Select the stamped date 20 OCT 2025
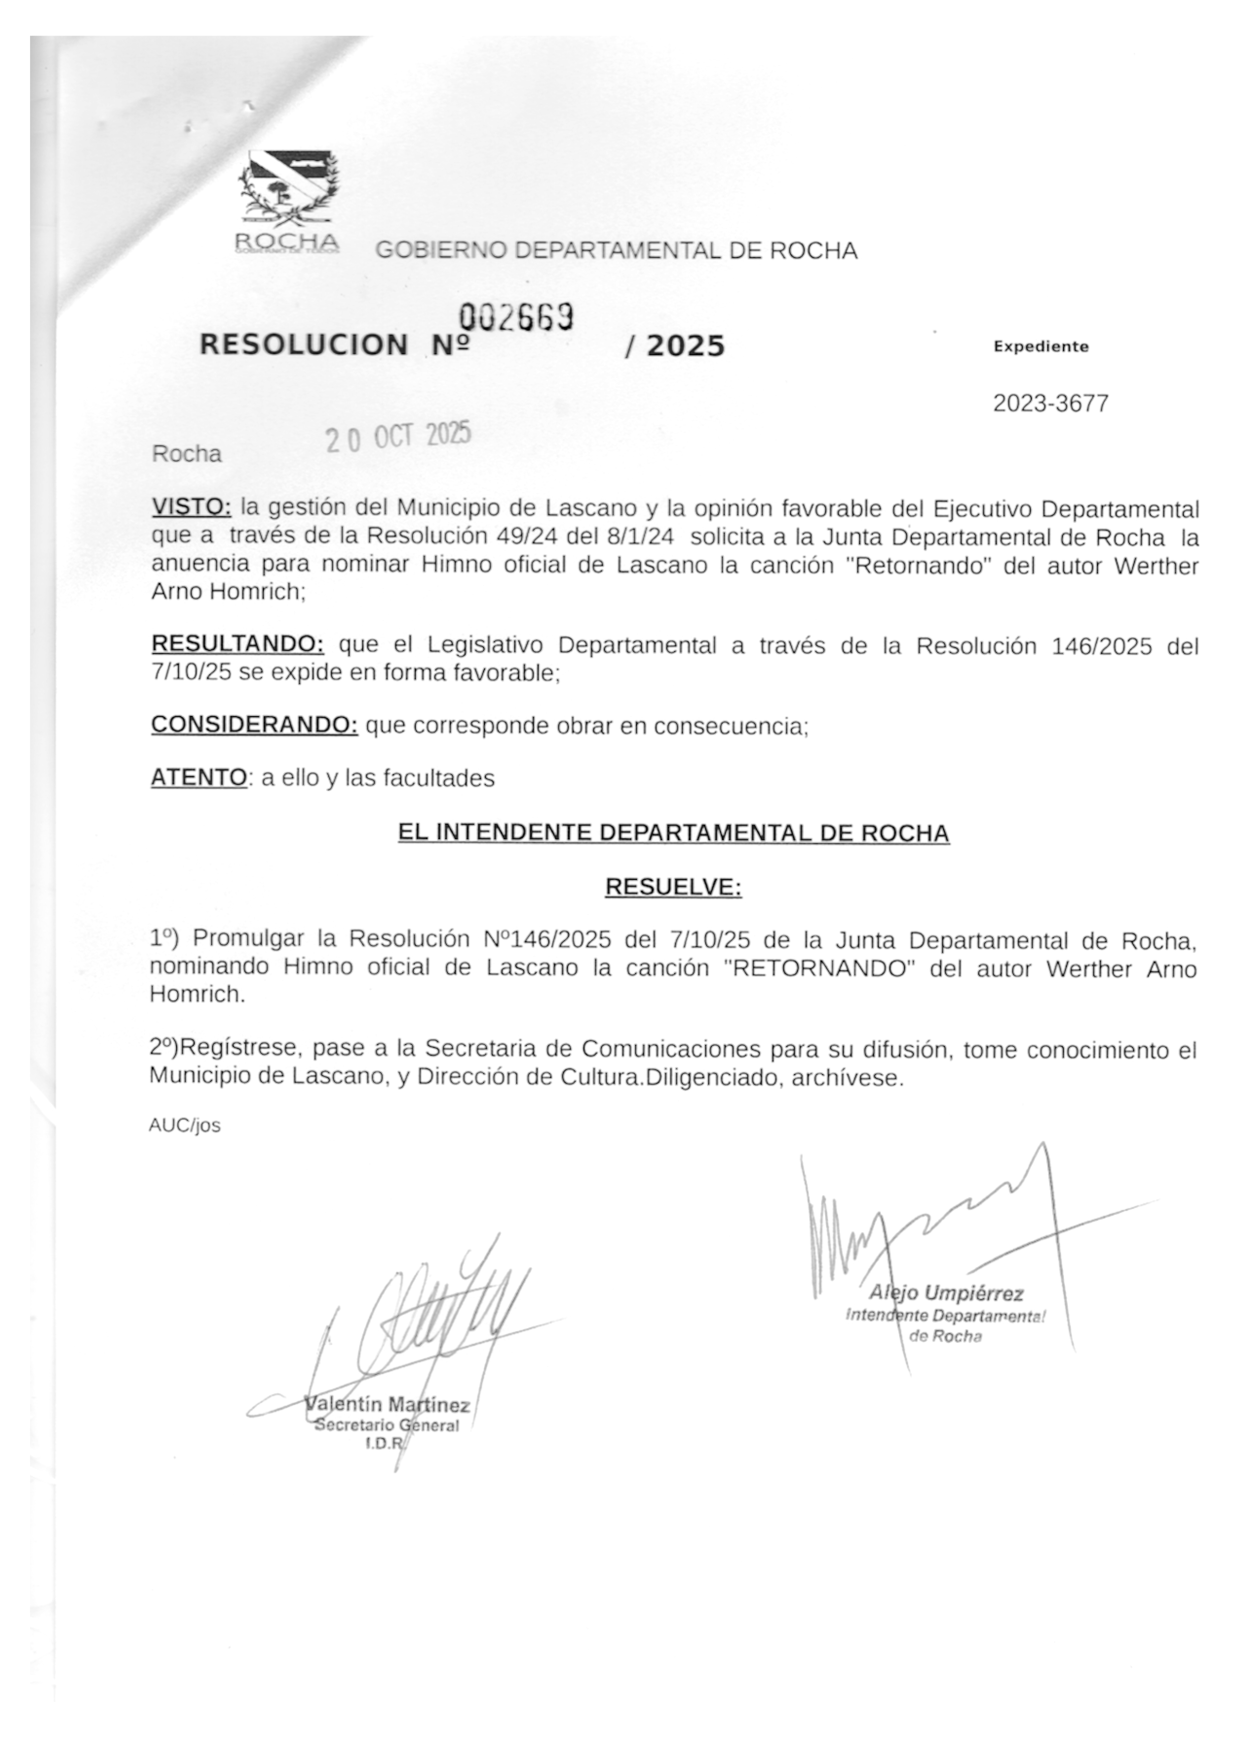click(x=398, y=437)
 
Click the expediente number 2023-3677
click(x=1050, y=404)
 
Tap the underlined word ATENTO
click(x=199, y=778)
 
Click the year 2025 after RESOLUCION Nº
click(x=685, y=346)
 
